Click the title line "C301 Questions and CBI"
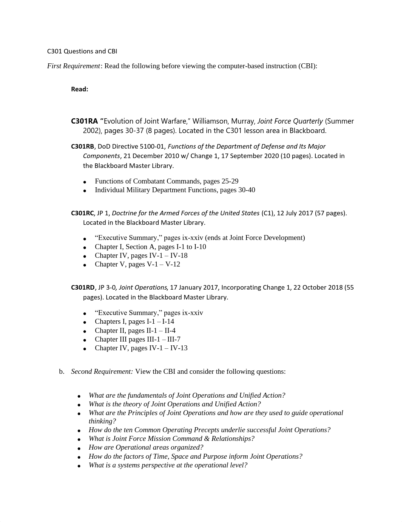point(82,51)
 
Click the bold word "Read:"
point(79,89)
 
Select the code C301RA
point(84,121)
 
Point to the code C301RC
point(82,213)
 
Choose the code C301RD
point(83,287)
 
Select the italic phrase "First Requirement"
point(73,66)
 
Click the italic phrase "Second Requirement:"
point(102,372)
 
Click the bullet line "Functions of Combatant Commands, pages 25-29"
point(167,181)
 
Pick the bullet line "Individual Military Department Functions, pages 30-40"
point(175,190)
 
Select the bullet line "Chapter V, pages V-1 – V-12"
point(137,264)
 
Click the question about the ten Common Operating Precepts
point(209,430)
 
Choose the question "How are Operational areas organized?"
point(146,447)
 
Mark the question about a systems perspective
point(168,465)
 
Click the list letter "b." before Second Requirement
point(62,372)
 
